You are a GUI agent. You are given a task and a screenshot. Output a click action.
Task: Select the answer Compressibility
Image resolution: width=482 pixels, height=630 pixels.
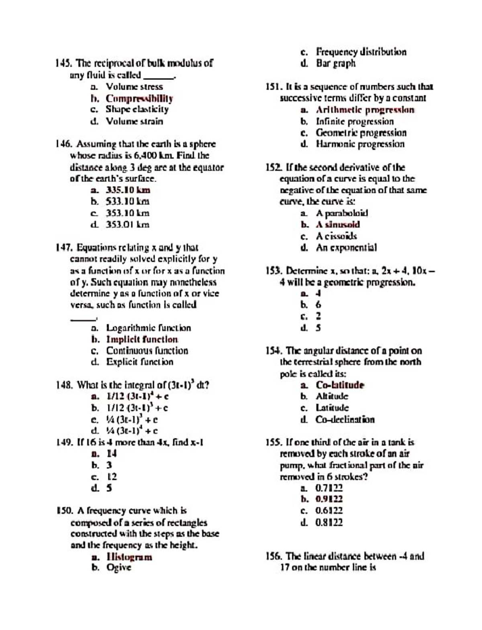point(139,98)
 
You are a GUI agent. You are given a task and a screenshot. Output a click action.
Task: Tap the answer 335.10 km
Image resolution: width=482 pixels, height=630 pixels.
point(128,190)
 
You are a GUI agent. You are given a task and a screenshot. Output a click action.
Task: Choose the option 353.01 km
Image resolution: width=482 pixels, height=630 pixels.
point(127,225)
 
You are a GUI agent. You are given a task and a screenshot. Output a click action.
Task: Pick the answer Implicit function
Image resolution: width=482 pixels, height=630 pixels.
point(142,339)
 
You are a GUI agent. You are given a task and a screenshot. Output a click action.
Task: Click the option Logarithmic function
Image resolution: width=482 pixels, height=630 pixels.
point(148,328)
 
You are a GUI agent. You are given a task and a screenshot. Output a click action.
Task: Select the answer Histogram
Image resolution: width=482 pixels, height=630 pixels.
point(129,557)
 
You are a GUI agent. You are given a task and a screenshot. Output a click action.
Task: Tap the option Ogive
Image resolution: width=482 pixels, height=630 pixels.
point(118,568)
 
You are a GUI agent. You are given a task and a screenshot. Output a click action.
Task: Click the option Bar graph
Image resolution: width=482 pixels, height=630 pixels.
point(335,63)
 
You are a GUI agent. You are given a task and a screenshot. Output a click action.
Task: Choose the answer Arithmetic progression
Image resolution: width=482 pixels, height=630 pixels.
point(365,110)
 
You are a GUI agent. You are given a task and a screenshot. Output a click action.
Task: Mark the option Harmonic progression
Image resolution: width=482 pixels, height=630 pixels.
point(360,144)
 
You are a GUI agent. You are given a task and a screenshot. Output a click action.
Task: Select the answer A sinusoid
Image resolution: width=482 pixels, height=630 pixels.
point(337,225)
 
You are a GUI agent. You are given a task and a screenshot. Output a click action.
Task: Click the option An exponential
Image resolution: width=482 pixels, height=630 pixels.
point(346,248)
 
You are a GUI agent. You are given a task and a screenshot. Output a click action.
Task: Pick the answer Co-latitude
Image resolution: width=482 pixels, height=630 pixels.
point(340,385)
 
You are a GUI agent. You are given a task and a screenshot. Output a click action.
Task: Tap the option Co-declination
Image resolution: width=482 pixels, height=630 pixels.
point(345,420)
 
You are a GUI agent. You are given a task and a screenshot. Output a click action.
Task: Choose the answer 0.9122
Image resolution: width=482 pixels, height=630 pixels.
point(329,499)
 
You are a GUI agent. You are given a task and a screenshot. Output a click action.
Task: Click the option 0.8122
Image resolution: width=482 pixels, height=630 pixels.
point(329,522)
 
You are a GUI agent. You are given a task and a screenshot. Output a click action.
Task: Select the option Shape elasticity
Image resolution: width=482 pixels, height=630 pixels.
point(137,110)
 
